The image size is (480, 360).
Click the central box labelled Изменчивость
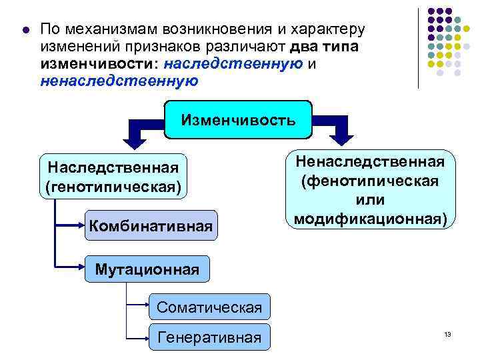tap(238, 120)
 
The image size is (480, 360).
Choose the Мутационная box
tap(147, 269)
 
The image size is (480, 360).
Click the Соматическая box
tap(209, 307)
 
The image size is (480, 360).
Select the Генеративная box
tap(209, 337)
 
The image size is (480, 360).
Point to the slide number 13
tap(447, 333)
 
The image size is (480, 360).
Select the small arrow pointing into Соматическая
tap(145, 307)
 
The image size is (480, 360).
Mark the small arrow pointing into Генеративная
tap(145, 337)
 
